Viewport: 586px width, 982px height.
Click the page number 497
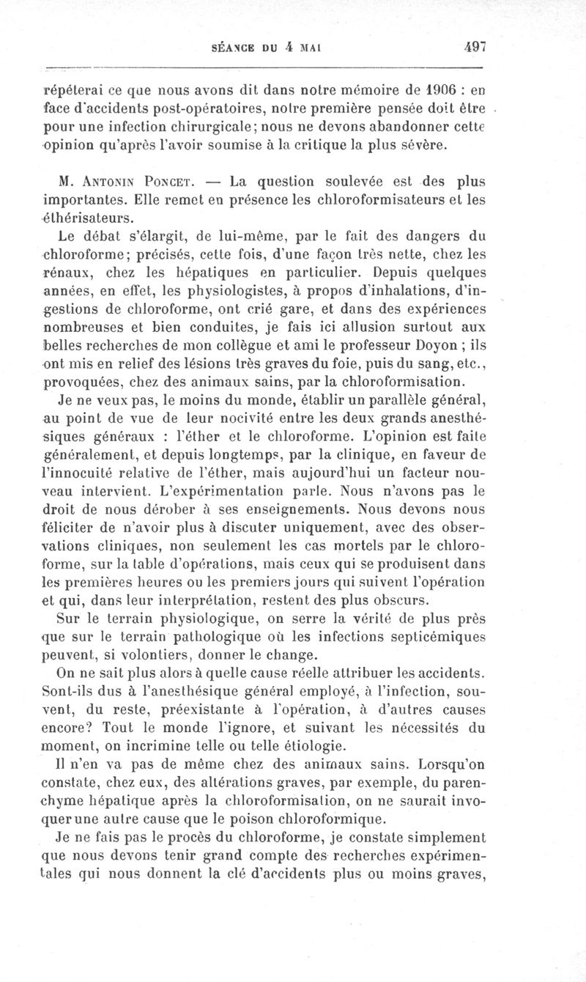475,46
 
